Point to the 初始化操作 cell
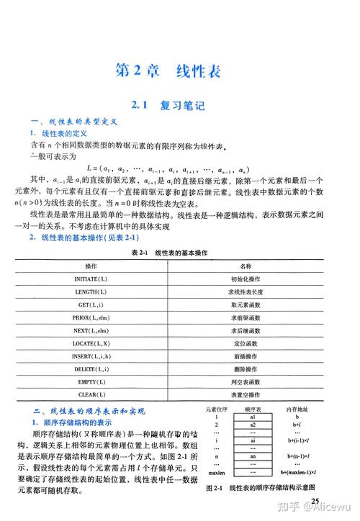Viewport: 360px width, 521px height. click(246, 278)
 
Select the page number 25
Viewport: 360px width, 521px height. click(315, 501)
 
